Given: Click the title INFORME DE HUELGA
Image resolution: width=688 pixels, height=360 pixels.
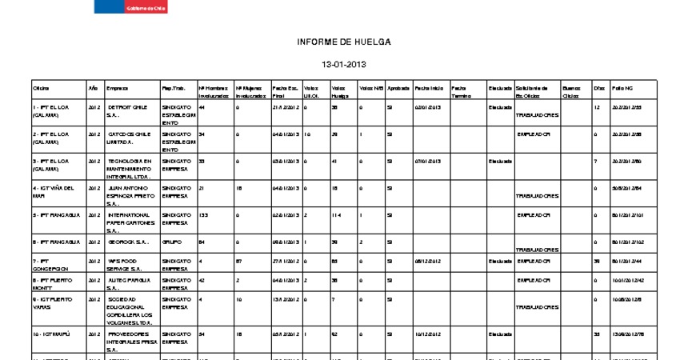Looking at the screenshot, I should (x=344, y=41).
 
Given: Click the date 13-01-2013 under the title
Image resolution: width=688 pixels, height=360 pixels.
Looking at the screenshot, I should (x=343, y=63).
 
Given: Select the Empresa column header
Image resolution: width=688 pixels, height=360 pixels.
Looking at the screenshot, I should (x=117, y=87).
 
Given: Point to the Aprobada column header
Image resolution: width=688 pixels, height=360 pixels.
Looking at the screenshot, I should (x=398, y=87).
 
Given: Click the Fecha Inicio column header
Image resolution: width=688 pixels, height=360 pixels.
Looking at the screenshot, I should (x=430, y=87).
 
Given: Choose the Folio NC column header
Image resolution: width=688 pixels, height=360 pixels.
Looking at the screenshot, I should (x=622, y=87).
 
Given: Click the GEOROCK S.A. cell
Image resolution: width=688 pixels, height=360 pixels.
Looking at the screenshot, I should (x=129, y=241).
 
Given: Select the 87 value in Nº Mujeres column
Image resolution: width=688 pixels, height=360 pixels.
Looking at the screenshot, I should (x=239, y=261).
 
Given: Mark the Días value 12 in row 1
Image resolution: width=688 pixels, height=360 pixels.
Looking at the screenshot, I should (x=597, y=106).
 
